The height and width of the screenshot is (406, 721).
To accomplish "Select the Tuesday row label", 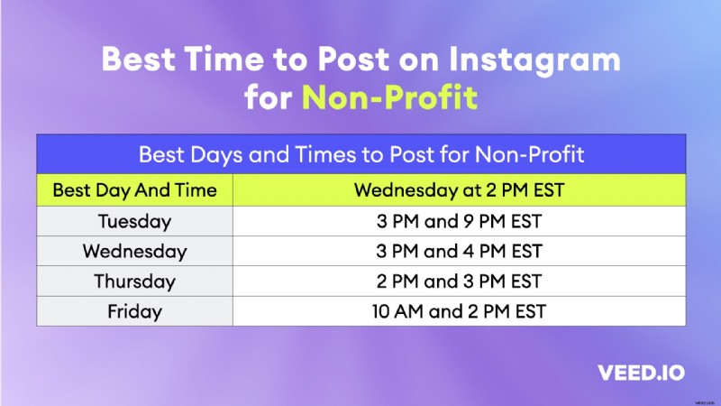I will tap(134, 221).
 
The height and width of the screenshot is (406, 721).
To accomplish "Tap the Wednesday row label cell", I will tap(134, 251).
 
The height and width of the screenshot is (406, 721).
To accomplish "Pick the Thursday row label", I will tap(134, 281).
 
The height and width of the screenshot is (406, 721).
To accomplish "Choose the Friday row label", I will tap(134, 312).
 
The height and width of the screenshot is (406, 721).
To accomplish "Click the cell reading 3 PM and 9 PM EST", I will tap(458, 221).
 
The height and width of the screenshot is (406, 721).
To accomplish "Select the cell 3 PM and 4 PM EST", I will tap(458, 251).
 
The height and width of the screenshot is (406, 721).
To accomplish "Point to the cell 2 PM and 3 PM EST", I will tap(458, 281).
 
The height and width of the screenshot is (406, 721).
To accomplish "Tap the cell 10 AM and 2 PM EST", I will tap(458, 312).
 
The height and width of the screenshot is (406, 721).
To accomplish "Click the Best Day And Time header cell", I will tap(134, 190).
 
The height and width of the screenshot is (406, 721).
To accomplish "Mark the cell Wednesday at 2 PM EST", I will tap(458, 190).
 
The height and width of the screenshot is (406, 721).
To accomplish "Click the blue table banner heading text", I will tap(360, 154).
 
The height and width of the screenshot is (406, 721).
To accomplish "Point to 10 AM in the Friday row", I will tap(394, 312).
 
